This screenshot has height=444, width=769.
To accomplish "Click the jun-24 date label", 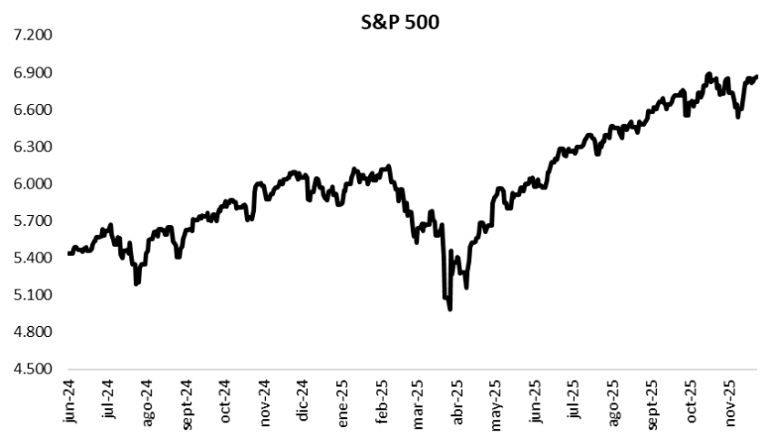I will (69, 403).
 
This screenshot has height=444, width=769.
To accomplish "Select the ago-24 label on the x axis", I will (147, 403).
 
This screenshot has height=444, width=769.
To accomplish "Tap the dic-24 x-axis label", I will (303, 403).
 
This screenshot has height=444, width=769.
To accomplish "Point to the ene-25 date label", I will (342, 403).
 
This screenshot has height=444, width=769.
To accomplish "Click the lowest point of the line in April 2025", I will (450, 309).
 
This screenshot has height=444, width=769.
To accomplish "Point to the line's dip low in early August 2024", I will (136, 283).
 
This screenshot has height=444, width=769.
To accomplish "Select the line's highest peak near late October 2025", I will (708, 74).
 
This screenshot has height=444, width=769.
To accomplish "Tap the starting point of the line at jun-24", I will (67, 254).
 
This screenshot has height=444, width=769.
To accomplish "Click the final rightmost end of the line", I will (757, 76).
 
